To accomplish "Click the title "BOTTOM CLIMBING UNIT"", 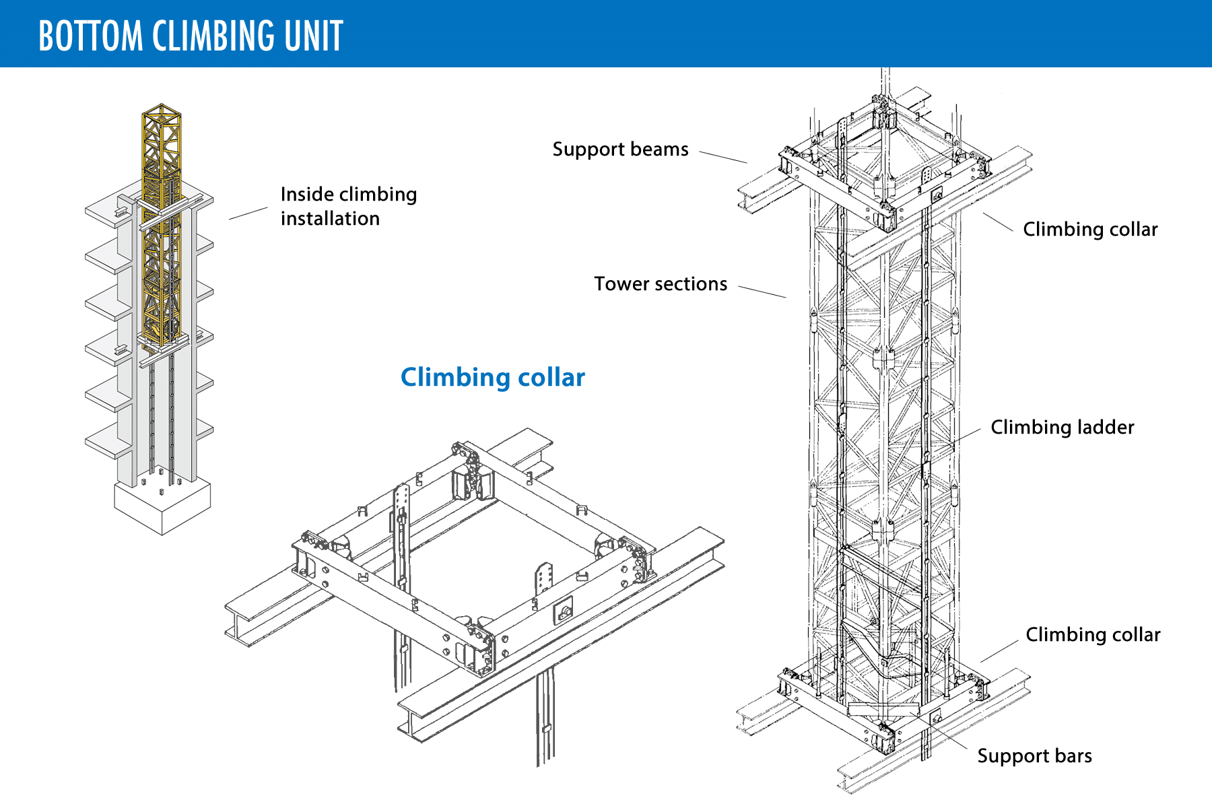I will [191, 36].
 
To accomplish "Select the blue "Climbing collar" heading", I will [492, 377].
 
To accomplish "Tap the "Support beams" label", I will [620, 149].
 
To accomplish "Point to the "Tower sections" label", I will [660, 283].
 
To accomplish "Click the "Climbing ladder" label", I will [1062, 427].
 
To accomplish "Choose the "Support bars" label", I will [1034, 755].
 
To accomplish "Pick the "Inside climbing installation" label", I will [348, 206].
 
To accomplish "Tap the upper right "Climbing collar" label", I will [1090, 229].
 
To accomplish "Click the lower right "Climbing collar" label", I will [1093, 634].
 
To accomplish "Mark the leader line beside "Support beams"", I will [723, 157].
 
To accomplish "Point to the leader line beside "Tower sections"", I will [762, 292].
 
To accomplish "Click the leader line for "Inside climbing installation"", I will [248, 213].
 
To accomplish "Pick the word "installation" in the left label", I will [330, 218].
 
